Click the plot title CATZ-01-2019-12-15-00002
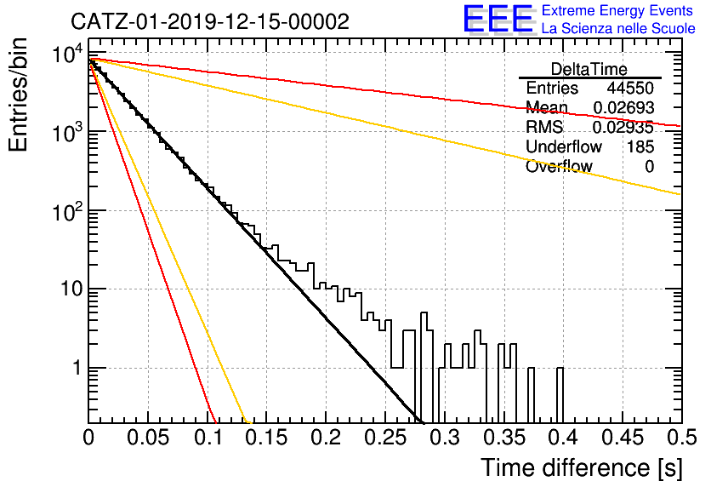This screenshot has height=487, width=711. point(210,21)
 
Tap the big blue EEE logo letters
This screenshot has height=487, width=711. point(498,19)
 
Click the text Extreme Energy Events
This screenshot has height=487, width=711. point(617,10)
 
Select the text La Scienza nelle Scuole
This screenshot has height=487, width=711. point(618,28)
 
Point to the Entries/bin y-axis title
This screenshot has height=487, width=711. point(18,95)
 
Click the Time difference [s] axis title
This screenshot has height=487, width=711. point(582,467)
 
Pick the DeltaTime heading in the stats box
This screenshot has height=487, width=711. point(589,69)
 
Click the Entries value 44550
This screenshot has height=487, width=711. point(630,88)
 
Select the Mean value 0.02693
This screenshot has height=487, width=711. point(623,107)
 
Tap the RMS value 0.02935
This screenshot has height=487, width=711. point(623,127)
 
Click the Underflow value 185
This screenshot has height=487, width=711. point(640,146)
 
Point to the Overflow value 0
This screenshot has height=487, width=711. point(649,166)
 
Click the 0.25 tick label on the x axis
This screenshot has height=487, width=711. point(385,438)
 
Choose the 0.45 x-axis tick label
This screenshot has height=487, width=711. point(623,438)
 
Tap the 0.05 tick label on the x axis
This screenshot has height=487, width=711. point(148,438)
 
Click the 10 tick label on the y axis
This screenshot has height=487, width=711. point(71,289)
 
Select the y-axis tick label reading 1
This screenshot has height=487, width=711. point(77,368)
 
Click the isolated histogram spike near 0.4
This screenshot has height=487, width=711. point(560,395)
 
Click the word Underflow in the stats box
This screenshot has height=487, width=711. point(564,146)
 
